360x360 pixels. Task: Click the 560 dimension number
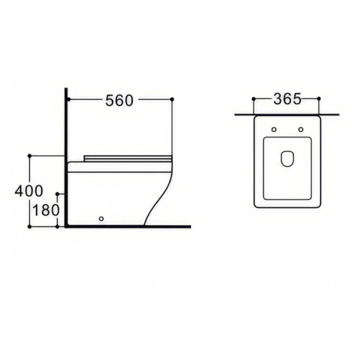click(119, 100)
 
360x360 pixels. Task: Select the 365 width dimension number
click(287, 99)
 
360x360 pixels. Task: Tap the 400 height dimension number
click(29, 191)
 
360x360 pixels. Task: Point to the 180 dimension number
click(46, 210)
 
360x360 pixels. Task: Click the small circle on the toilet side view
click(101, 218)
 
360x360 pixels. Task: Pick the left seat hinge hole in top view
click(274, 130)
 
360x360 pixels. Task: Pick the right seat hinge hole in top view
click(301, 130)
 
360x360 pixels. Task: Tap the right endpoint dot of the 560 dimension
click(172, 99)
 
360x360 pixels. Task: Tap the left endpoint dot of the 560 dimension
click(69, 99)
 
